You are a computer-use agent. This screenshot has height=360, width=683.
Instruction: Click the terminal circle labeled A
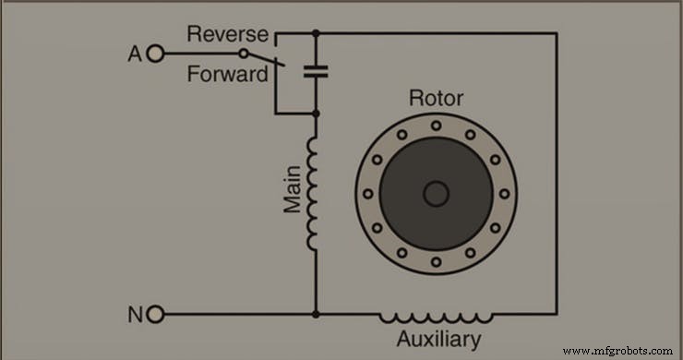coord(154,54)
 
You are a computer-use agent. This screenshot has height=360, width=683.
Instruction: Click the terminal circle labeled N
coord(154,315)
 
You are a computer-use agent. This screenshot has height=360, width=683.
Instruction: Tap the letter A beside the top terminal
coord(134,54)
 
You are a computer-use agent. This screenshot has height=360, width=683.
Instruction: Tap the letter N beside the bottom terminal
coord(134,315)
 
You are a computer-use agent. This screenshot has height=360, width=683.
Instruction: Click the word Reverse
coord(227,35)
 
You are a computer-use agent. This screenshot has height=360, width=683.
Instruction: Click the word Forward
coord(227,74)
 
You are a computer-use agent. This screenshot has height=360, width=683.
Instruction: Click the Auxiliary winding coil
coord(437,316)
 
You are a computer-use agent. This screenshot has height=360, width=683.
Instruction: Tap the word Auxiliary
coord(438,340)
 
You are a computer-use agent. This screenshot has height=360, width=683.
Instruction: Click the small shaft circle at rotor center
coord(435,194)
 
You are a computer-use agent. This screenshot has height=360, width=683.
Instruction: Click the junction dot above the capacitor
coord(316,33)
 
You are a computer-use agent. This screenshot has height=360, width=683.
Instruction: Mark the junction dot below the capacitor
coord(316,114)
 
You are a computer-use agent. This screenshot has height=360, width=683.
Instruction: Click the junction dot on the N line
coord(316,315)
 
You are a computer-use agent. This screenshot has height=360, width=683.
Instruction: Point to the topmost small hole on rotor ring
coord(435,125)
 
